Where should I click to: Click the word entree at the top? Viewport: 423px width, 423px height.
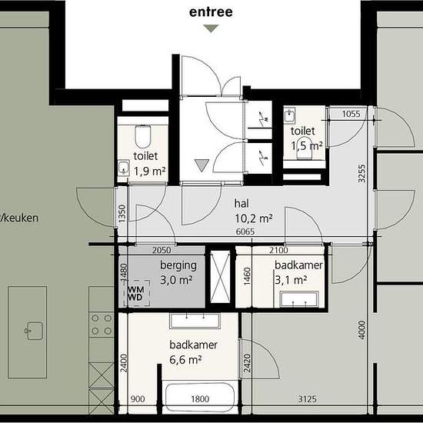pos(211,12)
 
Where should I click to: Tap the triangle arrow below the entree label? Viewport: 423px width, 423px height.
pos(211,28)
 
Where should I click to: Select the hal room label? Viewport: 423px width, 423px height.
pos(241,204)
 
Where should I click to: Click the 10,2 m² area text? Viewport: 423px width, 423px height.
pos(254,218)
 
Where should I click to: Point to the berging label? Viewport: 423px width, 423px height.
pos(178,265)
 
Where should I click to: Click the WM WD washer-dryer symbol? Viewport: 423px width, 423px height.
pos(136,293)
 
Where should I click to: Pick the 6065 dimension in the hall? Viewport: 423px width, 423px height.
pos(245,231)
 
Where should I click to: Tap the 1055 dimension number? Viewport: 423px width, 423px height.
pos(351,114)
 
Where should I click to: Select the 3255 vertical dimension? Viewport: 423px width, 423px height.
pos(361,174)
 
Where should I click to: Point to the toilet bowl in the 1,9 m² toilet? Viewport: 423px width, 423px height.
pos(143,136)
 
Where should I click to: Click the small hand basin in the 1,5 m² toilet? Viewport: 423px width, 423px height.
pos(290,115)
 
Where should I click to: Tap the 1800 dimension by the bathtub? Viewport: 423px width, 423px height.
pos(200,399)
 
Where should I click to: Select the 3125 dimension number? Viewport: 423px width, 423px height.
pos(308,399)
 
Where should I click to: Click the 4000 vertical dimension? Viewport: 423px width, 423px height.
pos(361,330)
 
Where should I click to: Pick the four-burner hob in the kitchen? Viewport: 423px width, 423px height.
pos(102,325)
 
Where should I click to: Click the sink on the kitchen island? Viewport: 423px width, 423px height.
pos(34,331)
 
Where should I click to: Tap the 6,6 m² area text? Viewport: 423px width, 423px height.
pos(185,360)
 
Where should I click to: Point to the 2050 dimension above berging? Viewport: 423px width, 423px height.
pos(162,250)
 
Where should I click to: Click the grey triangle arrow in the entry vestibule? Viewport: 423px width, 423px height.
pos(202,165)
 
